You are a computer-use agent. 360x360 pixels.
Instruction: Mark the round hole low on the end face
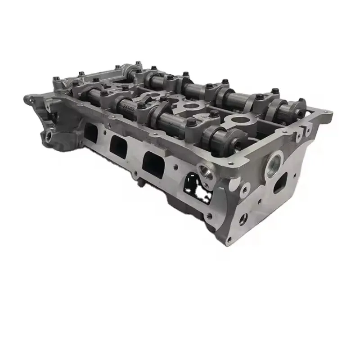tap(243, 219)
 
